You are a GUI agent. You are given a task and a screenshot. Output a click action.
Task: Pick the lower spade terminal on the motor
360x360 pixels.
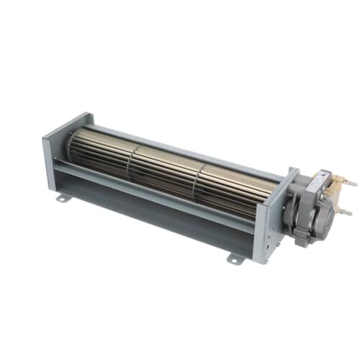[344, 212]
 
